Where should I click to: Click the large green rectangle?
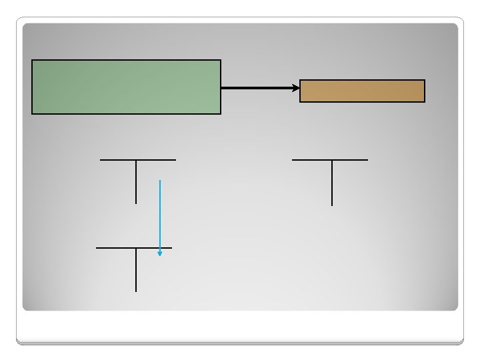[x=126, y=87]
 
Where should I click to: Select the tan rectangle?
[x=362, y=91]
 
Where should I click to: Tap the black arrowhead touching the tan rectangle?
[x=297, y=87]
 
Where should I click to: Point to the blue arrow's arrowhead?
[x=160, y=253]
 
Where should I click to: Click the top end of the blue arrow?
[x=160, y=180]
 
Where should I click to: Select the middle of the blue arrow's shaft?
[x=160, y=217]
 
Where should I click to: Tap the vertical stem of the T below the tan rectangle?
[x=331, y=183]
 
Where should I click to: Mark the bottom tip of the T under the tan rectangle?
[x=331, y=205]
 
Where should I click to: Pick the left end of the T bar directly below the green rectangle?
[x=101, y=160]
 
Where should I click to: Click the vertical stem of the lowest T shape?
[x=136, y=270]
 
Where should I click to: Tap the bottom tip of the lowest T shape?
[x=136, y=291]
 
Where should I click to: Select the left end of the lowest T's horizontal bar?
[x=97, y=248]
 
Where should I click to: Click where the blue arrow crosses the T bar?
[x=160, y=248]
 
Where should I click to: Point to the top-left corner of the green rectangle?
[x=32, y=61]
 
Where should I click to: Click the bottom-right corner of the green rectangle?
[x=220, y=113]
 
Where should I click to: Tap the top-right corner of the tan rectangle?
[x=424, y=81]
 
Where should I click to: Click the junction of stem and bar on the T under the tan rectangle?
[x=331, y=160]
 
